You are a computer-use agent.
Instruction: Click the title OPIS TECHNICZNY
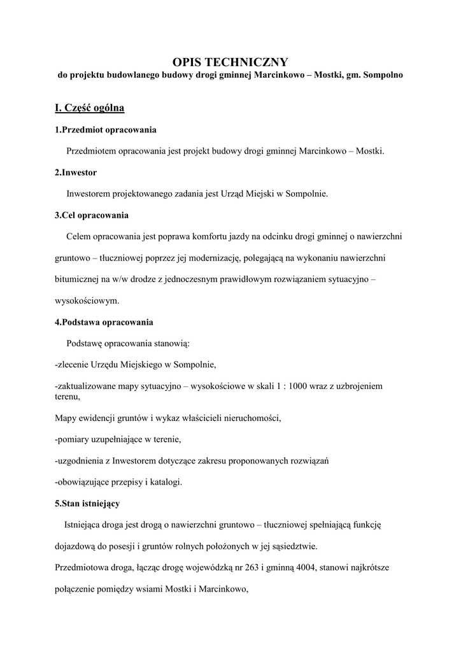(x=230, y=62)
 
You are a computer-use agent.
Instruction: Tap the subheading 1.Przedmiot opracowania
(x=105, y=130)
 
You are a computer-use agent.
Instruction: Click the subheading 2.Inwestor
(x=76, y=173)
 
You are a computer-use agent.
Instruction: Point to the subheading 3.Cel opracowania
(x=92, y=215)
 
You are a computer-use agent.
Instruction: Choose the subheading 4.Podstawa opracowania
(x=103, y=322)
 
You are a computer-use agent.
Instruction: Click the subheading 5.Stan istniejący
(x=87, y=503)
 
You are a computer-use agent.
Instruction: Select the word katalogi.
(x=164, y=482)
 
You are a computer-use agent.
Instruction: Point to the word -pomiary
(x=72, y=439)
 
